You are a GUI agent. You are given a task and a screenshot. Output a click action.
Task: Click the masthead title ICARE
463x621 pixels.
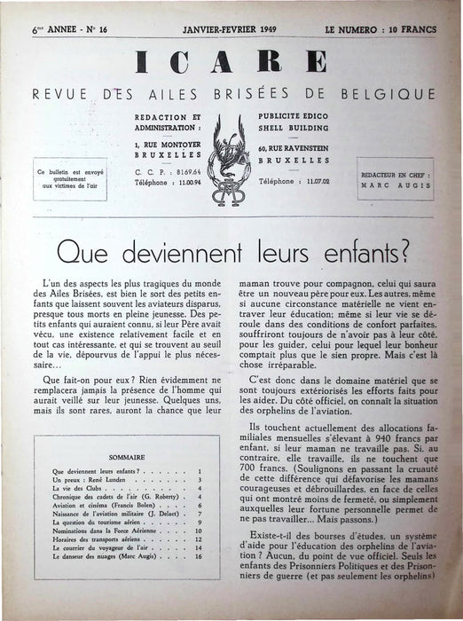[x=232, y=64]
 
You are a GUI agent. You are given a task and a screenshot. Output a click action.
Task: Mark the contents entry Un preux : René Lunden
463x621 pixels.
[x=93, y=479]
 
